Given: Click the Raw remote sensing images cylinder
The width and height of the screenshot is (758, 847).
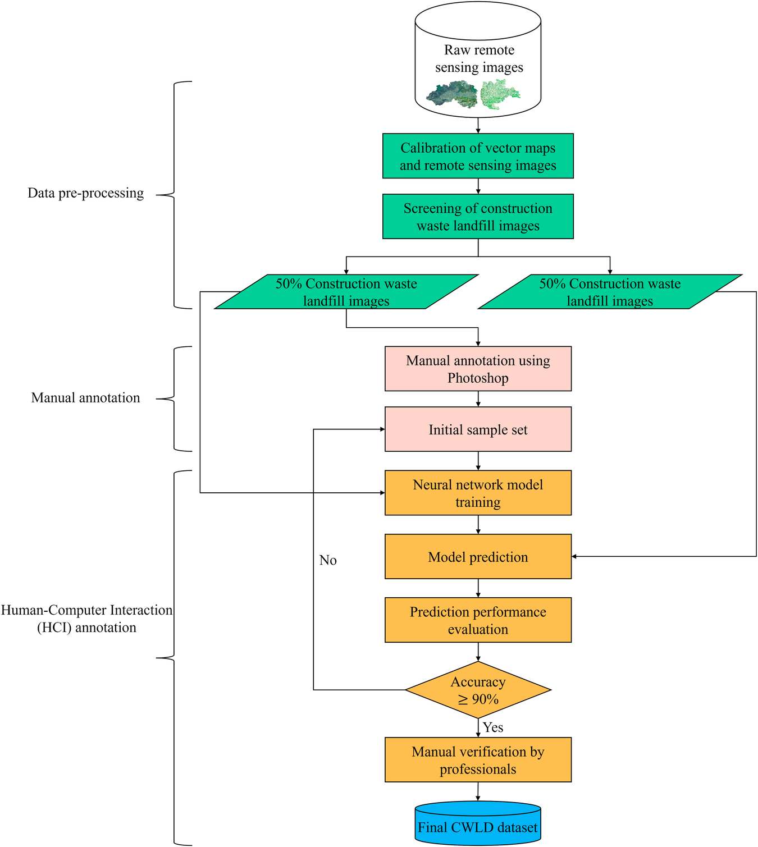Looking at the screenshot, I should click(x=478, y=59).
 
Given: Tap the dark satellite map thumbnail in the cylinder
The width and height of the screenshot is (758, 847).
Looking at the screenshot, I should click(x=452, y=95).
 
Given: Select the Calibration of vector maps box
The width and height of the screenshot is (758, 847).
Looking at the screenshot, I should click(x=478, y=156).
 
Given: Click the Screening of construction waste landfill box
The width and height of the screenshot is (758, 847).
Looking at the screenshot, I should click(x=478, y=217).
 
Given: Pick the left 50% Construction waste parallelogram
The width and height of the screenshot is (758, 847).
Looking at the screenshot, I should click(x=346, y=292).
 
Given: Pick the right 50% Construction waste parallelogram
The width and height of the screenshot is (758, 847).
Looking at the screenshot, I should click(x=610, y=292).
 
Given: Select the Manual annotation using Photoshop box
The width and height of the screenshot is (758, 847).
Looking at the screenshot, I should click(x=478, y=369).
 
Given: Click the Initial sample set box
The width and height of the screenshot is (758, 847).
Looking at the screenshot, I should click(x=478, y=429).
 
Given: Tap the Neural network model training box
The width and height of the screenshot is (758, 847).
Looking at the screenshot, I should click(x=478, y=493).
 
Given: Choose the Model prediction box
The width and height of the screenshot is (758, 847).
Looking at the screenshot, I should click(x=478, y=557).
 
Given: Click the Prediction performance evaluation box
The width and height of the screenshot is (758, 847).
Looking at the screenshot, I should click(x=478, y=620).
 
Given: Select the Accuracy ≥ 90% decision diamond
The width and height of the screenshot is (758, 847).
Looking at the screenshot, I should click(x=478, y=690).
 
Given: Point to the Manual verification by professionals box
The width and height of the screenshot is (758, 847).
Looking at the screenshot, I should click(x=478, y=760).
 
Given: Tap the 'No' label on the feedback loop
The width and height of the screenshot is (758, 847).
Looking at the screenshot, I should click(x=328, y=560).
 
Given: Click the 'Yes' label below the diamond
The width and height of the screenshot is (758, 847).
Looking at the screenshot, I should click(x=493, y=727).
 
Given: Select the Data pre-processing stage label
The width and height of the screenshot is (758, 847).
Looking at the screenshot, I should click(x=85, y=193).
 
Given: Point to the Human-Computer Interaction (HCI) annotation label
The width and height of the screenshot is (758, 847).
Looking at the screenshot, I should click(x=86, y=619).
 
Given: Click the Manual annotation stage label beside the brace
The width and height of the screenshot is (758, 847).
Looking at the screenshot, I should click(x=85, y=398).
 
